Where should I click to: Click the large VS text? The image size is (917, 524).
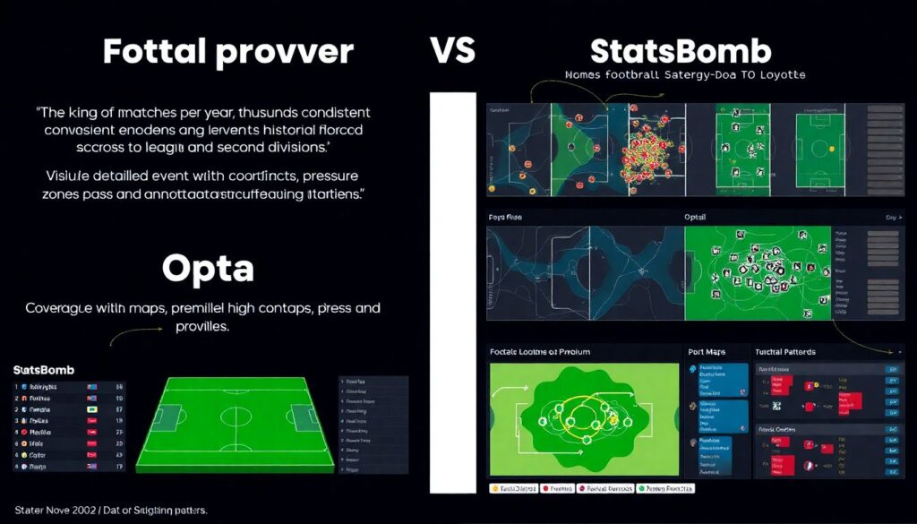(x=452, y=52)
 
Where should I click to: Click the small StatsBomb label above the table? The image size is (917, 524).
(x=44, y=369)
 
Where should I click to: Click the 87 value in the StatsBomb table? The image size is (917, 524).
(x=118, y=408)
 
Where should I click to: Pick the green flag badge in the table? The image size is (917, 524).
(x=92, y=408)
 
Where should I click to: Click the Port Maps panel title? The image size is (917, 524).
(x=709, y=351)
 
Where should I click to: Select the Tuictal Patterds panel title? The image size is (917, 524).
(x=785, y=351)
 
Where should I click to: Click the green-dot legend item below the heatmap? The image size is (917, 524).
(x=667, y=489)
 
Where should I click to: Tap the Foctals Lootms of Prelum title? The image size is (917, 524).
(x=539, y=351)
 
